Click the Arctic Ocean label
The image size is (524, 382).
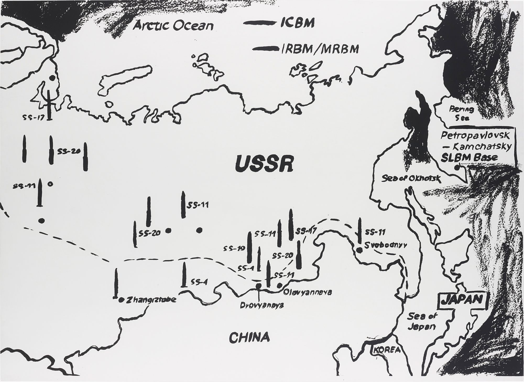[x=173, y=26]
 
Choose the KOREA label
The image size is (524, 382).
[x=387, y=350]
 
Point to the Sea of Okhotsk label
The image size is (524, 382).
[x=411, y=179]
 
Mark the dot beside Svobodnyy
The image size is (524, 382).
[x=360, y=250]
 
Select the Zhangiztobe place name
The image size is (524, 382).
[x=151, y=300]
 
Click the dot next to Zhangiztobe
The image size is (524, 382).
[x=121, y=300]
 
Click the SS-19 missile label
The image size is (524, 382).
[x=234, y=248]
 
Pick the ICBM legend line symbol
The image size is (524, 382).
[x=260, y=23]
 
